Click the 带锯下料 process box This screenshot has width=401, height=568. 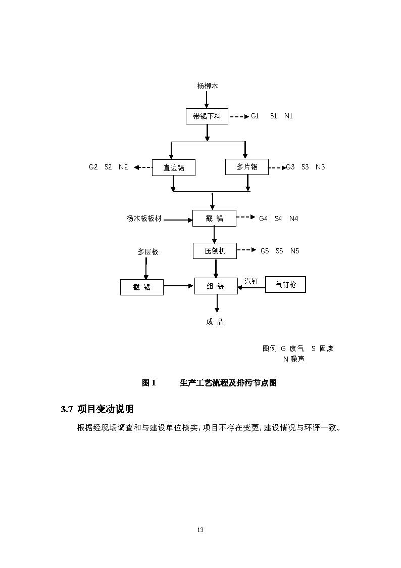207,116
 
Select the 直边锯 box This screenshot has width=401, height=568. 174,168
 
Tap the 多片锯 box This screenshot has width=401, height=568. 246,167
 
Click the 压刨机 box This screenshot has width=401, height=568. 215,251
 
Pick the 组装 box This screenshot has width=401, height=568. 216,286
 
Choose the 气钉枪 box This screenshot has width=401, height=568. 285,285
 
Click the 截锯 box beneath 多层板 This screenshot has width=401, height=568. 142,287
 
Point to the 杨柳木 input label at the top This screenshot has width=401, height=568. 207,86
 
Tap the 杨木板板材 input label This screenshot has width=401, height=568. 144,219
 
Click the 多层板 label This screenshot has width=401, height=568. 148,251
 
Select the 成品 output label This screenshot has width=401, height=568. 215,322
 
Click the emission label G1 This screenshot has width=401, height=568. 255,116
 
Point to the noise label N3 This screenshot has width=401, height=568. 320,167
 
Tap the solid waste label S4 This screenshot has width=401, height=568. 278,219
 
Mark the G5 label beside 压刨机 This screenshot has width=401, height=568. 265,251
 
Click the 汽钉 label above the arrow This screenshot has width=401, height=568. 251,281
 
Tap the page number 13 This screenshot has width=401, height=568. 201,530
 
